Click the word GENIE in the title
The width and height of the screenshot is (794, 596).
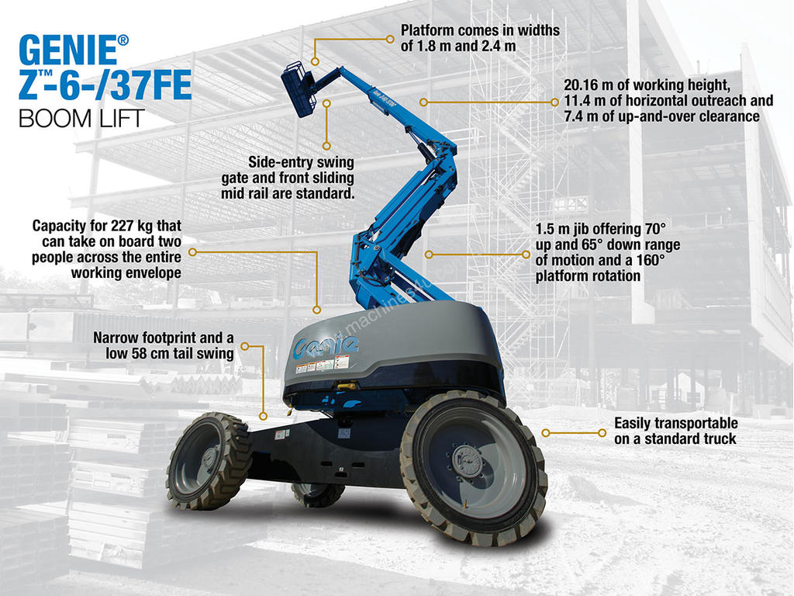[67, 50]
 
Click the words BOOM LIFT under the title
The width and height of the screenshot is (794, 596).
[82, 119]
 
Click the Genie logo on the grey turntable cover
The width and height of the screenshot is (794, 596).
[326, 346]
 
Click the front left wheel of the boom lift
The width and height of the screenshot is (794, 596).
[208, 461]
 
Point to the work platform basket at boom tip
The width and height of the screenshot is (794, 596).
[299, 88]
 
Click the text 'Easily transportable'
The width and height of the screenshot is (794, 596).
[676, 423]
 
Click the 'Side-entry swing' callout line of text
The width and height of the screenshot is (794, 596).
[301, 162]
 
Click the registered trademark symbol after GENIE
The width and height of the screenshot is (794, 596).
[123, 40]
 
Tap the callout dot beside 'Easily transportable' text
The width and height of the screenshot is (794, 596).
[602, 433]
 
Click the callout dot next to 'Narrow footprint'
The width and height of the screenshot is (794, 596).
[244, 346]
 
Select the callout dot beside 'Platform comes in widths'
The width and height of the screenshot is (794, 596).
[390, 39]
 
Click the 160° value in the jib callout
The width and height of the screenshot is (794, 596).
[651, 261]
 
